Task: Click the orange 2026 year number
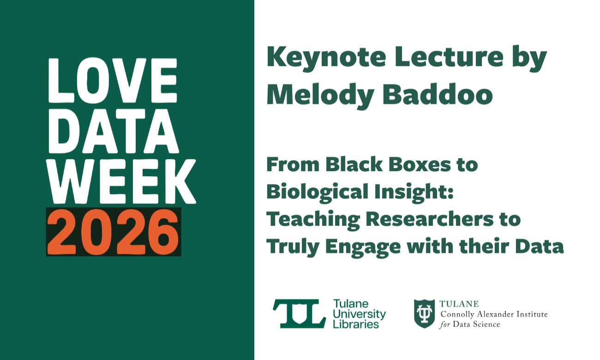(113, 232)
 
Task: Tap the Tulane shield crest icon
(423, 313)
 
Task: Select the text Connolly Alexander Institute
(494, 314)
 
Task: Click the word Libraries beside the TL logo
(356, 324)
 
